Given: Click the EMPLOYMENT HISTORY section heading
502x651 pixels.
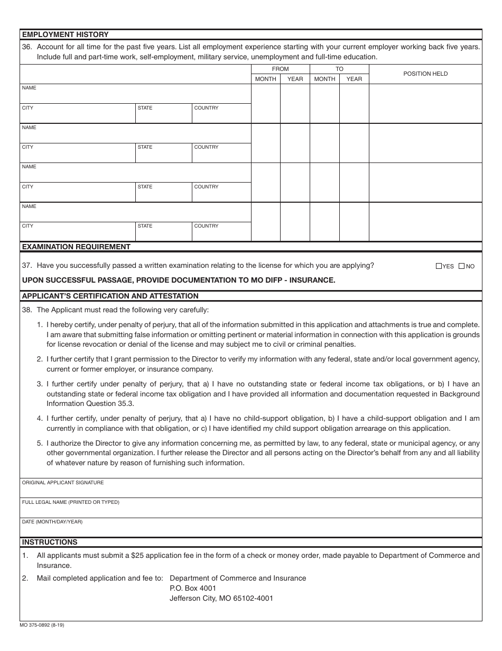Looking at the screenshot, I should coord(65,35).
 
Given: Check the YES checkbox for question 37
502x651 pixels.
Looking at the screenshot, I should coord(439,266).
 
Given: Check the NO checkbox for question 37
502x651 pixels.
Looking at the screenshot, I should coord(461,266).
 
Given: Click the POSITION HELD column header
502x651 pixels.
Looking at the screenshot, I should coord(425,74).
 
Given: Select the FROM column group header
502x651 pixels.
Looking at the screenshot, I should coord(280,69).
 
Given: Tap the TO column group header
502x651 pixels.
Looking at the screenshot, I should coord(339,69).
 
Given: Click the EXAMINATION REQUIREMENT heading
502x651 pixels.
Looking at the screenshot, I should coord(76,247).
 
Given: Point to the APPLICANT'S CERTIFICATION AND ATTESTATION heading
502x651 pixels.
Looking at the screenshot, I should coord(110,296).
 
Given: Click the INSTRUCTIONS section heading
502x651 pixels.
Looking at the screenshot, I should coord(50,542).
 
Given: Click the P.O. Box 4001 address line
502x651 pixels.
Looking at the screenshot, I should coord(193,588).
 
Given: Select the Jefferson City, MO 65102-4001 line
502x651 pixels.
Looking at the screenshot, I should coord(221,599).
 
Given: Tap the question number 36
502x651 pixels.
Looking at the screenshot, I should coord(27,47).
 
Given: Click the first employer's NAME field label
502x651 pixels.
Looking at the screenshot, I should coord(29,88).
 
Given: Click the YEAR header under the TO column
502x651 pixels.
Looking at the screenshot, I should coord(354,79).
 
